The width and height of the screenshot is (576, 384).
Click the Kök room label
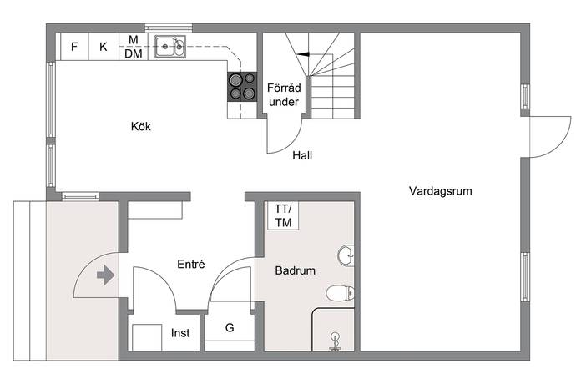[x=141, y=126]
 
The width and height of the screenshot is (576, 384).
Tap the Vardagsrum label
[x=441, y=190]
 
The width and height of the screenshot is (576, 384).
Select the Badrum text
[x=295, y=270]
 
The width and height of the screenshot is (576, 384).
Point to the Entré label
[x=191, y=264]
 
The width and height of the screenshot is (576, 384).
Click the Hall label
[x=302, y=155]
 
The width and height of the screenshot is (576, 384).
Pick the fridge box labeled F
[x=74, y=47]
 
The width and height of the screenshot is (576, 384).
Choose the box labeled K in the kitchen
[x=104, y=47]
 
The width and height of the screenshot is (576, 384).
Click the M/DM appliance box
[x=134, y=47]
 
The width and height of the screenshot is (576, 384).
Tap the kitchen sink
[x=170, y=47]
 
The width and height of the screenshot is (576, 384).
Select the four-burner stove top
[x=242, y=87]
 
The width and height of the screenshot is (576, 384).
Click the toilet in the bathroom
[x=340, y=293]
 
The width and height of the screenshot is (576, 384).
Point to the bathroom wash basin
[x=346, y=255]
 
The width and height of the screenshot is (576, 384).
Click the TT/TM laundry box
[x=283, y=215]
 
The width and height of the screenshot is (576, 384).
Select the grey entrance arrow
[x=106, y=275]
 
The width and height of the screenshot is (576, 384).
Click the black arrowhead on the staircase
[x=303, y=54]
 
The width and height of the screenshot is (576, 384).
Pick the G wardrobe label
[x=230, y=327]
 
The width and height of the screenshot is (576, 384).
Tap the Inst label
[x=180, y=333]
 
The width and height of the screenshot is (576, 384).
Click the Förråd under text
[x=284, y=95]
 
